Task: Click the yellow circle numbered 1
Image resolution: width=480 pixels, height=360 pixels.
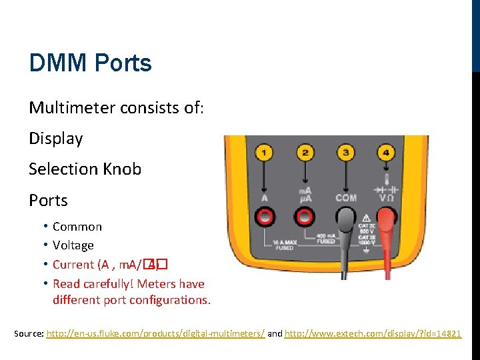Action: point(265,153)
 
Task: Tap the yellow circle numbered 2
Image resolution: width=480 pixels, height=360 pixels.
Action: point(305,153)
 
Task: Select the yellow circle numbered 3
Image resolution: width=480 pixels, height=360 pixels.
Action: point(346,153)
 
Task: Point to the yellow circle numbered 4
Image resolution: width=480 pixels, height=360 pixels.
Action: point(386,153)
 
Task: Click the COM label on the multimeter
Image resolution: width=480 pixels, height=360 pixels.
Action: point(346,198)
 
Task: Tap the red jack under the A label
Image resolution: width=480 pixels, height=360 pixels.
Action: point(265,216)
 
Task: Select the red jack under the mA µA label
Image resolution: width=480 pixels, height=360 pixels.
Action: point(305,216)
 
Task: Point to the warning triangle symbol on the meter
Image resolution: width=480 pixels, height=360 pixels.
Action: point(367,217)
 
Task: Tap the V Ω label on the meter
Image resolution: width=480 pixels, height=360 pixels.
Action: point(386,198)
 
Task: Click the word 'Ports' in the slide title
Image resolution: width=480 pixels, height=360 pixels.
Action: point(123,63)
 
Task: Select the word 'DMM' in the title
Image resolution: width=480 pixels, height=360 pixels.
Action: point(59,63)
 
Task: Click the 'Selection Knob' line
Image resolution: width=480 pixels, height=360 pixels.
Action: point(85,169)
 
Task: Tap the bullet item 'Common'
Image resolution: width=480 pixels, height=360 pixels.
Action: point(77,227)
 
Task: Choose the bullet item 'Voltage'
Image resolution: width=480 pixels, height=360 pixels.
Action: point(73,245)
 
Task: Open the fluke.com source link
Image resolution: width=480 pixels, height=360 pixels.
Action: point(155,333)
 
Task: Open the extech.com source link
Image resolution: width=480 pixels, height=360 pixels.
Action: point(373,333)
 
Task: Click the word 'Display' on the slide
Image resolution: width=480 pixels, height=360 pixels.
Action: point(56,139)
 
